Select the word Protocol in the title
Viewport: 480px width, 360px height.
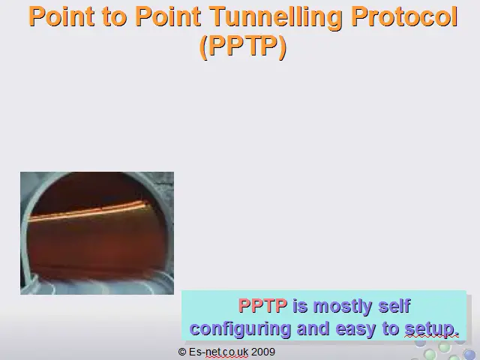coord(404,16)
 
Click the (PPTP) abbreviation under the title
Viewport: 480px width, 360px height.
coord(243,46)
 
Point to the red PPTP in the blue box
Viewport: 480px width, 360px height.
coord(262,305)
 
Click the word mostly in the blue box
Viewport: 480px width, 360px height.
coord(342,307)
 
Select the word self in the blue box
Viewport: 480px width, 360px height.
coord(394,305)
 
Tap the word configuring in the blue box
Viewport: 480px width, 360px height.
coord(240,329)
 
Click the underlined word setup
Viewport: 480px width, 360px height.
coord(432,329)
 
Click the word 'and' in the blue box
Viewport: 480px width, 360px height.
coord(313,328)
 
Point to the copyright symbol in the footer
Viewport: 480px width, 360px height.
coord(181,352)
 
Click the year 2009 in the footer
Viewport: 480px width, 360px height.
coord(263,352)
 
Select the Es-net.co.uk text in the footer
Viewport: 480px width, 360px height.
coord(218,352)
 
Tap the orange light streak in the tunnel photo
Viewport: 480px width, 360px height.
coord(88,211)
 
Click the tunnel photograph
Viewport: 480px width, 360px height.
coord(97,233)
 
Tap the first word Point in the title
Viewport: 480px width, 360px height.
coord(61,16)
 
